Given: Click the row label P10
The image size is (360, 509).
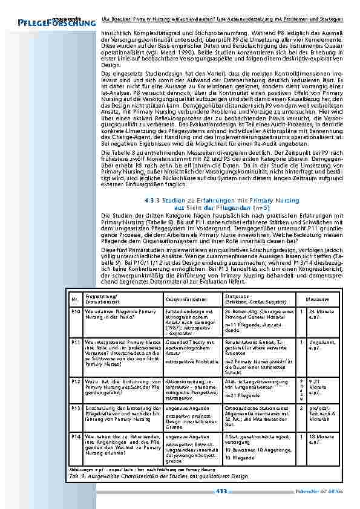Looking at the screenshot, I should [x=76, y=311].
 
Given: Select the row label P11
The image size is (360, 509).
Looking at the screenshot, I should [x=76, y=342].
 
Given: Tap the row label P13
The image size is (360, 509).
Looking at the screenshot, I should [x=76, y=408].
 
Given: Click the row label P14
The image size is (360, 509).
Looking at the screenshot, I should [x=76, y=436].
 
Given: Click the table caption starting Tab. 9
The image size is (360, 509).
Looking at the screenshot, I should [x=159, y=476].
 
